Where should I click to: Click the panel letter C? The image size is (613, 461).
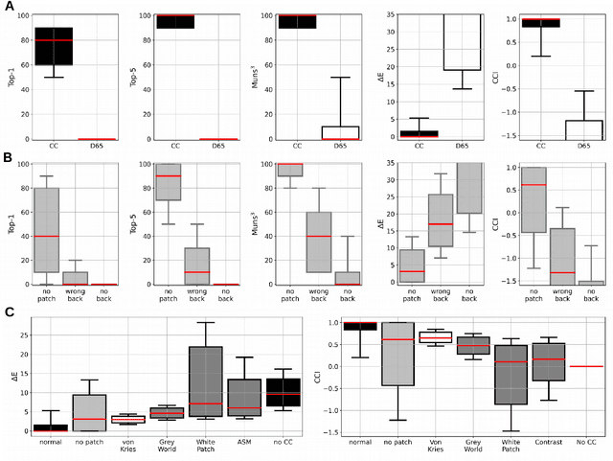(x=8, y=311)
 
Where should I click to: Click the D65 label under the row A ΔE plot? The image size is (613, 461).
(x=460, y=146)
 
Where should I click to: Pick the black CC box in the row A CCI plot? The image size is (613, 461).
(x=540, y=22)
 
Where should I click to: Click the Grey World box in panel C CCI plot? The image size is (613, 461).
(x=472, y=345)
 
